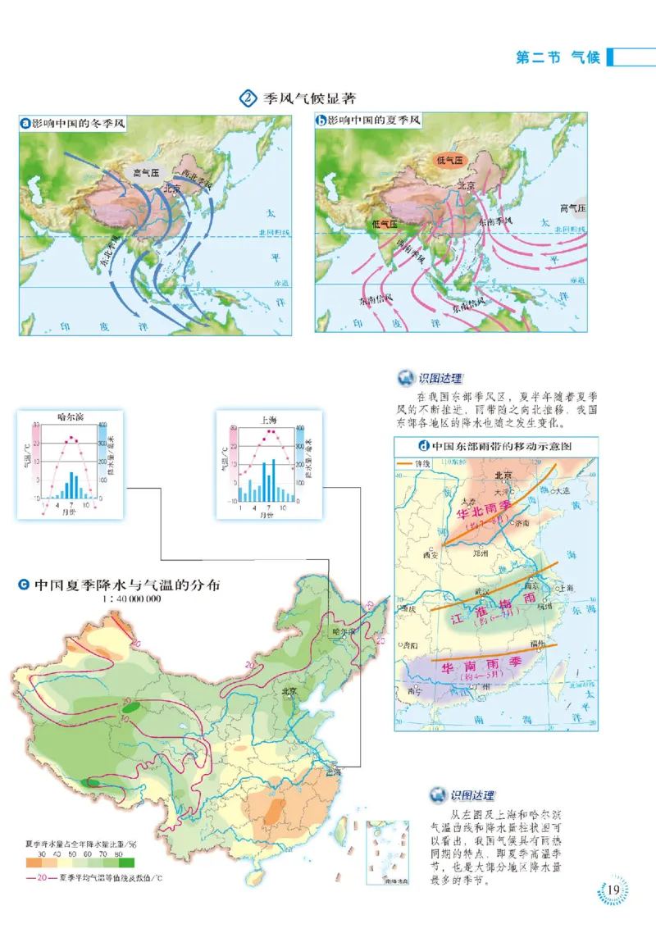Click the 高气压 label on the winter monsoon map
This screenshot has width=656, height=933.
(x=148, y=173)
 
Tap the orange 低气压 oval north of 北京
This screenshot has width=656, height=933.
(x=449, y=161)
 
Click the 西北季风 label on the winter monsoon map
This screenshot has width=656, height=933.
(x=198, y=175)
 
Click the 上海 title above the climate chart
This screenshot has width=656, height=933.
(x=268, y=419)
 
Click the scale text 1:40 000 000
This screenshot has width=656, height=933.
(x=131, y=599)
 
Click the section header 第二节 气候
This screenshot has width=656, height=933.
(x=558, y=57)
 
